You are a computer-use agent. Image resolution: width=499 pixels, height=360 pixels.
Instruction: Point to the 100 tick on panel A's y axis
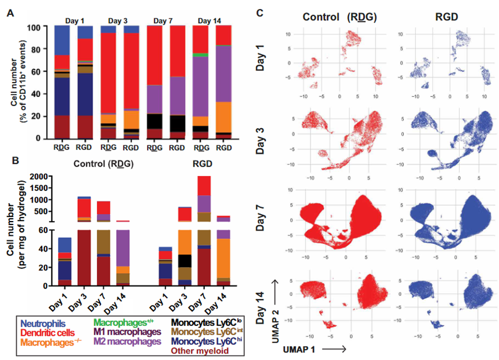[39, 27]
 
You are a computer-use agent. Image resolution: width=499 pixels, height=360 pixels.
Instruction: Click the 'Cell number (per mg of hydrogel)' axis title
[19, 228]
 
